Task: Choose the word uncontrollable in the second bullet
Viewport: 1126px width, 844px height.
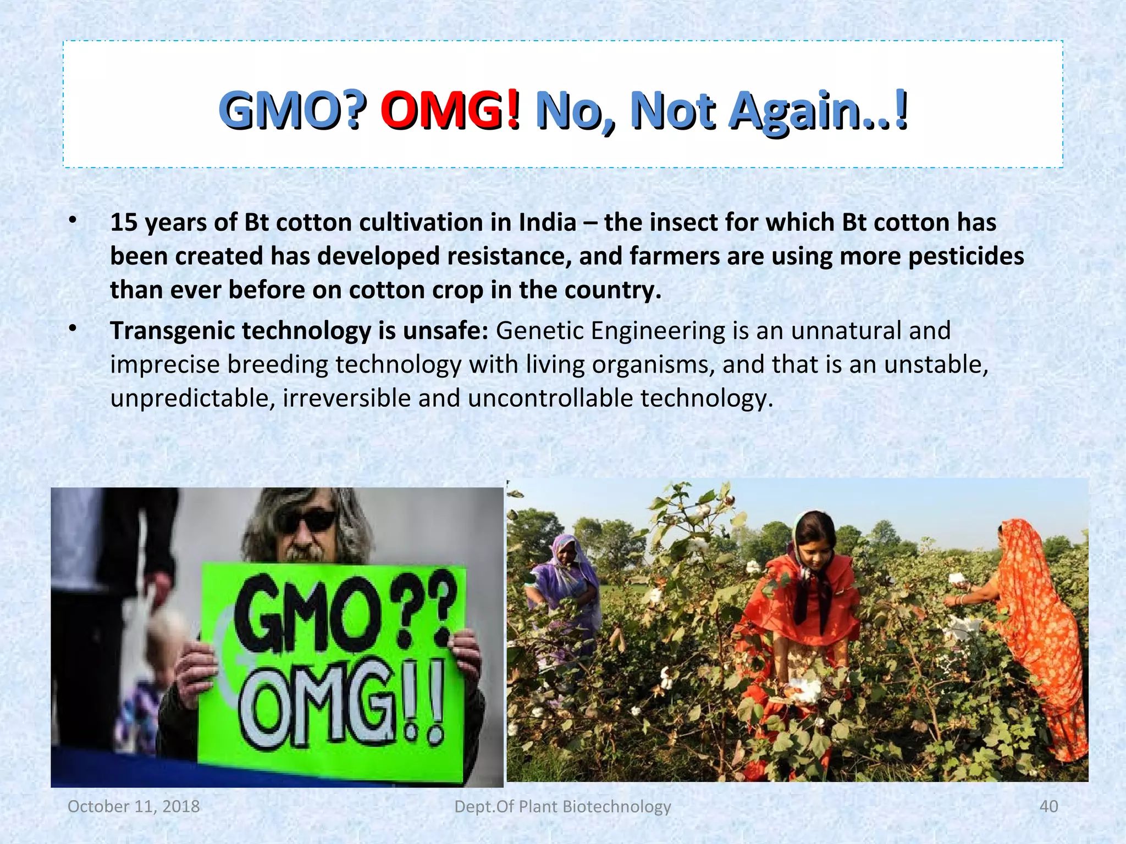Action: point(550,398)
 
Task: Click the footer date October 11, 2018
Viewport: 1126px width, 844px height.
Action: point(134,806)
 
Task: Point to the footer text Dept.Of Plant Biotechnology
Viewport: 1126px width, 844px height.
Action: point(562,806)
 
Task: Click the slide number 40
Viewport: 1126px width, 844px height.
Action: point(1048,806)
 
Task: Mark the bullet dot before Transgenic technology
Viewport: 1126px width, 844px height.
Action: point(72,329)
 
